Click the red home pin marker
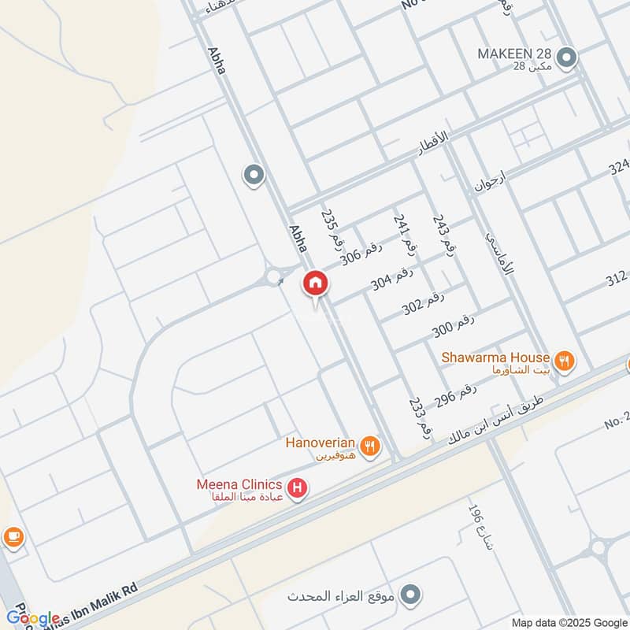(315, 283)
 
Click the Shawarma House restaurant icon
(564, 361)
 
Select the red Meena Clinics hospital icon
(297, 490)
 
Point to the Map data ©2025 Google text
(568, 621)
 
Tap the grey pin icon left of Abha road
(254, 176)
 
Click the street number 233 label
(419, 417)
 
